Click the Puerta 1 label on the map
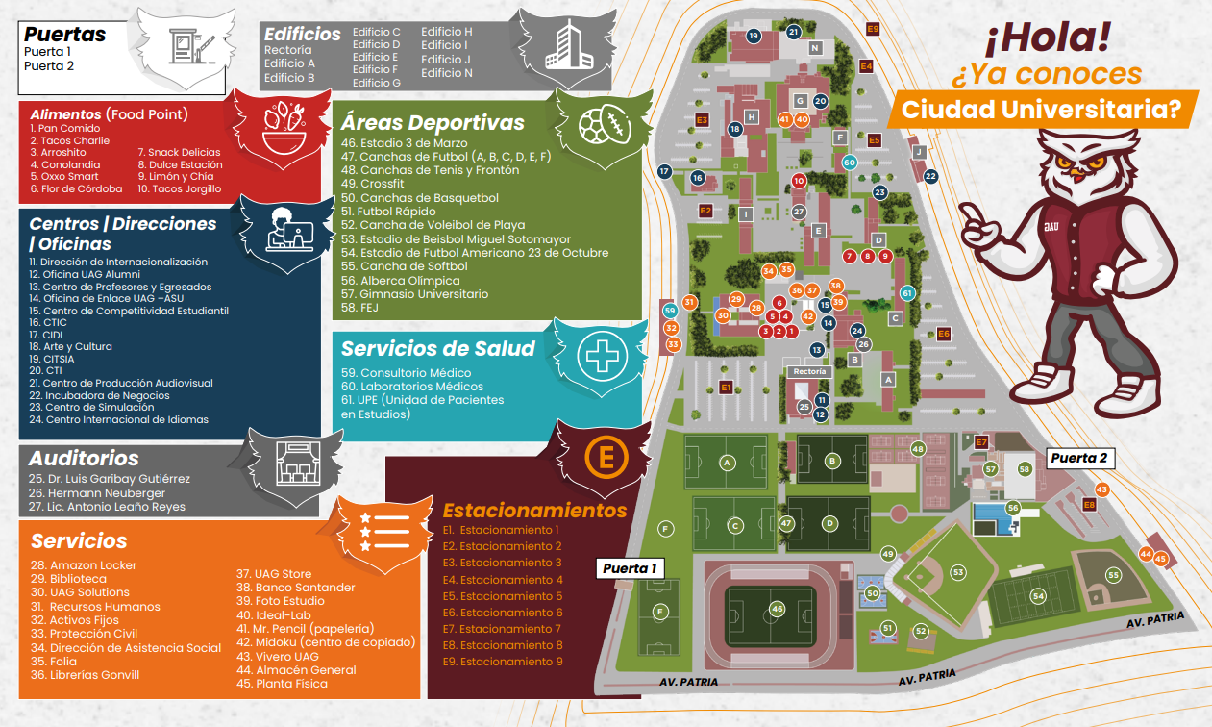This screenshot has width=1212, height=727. (x=631, y=568)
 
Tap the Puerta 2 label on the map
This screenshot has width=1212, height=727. (x=1078, y=458)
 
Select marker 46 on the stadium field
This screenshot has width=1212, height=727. (x=777, y=609)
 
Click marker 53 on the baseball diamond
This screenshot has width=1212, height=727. (x=957, y=572)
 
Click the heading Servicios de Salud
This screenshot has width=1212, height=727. (x=437, y=348)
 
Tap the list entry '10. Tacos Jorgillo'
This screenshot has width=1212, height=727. (x=179, y=188)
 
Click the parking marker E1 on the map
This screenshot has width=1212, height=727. (x=727, y=387)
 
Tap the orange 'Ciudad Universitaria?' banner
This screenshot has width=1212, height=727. (x=1041, y=109)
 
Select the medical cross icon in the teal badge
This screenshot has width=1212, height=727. (x=603, y=357)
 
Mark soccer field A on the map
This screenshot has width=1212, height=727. (x=728, y=463)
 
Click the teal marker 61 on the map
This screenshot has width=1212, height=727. (x=906, y=292)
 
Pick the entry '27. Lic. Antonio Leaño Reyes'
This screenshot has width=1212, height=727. (x=108, y=507)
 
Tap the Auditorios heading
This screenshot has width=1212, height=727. (x=84, y=459)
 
